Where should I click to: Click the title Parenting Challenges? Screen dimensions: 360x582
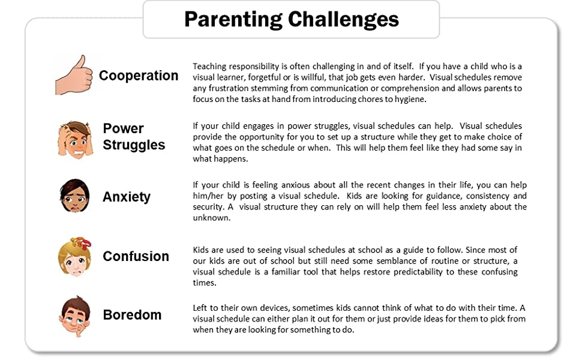click(291, 19)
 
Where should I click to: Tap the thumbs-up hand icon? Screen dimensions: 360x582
click(73, 74)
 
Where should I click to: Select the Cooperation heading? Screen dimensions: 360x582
click(139, 76)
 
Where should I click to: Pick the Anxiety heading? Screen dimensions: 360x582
click(127, 197)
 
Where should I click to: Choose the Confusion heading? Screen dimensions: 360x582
click(136, 256)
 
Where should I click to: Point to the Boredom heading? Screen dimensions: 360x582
click(132, 315)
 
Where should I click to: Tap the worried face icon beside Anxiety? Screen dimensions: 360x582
click(74, 196)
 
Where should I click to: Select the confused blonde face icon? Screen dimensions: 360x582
click(74, 257)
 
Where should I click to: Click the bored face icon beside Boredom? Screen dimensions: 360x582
click(75, 316)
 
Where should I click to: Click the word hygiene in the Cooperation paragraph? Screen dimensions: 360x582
click(409, 100)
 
